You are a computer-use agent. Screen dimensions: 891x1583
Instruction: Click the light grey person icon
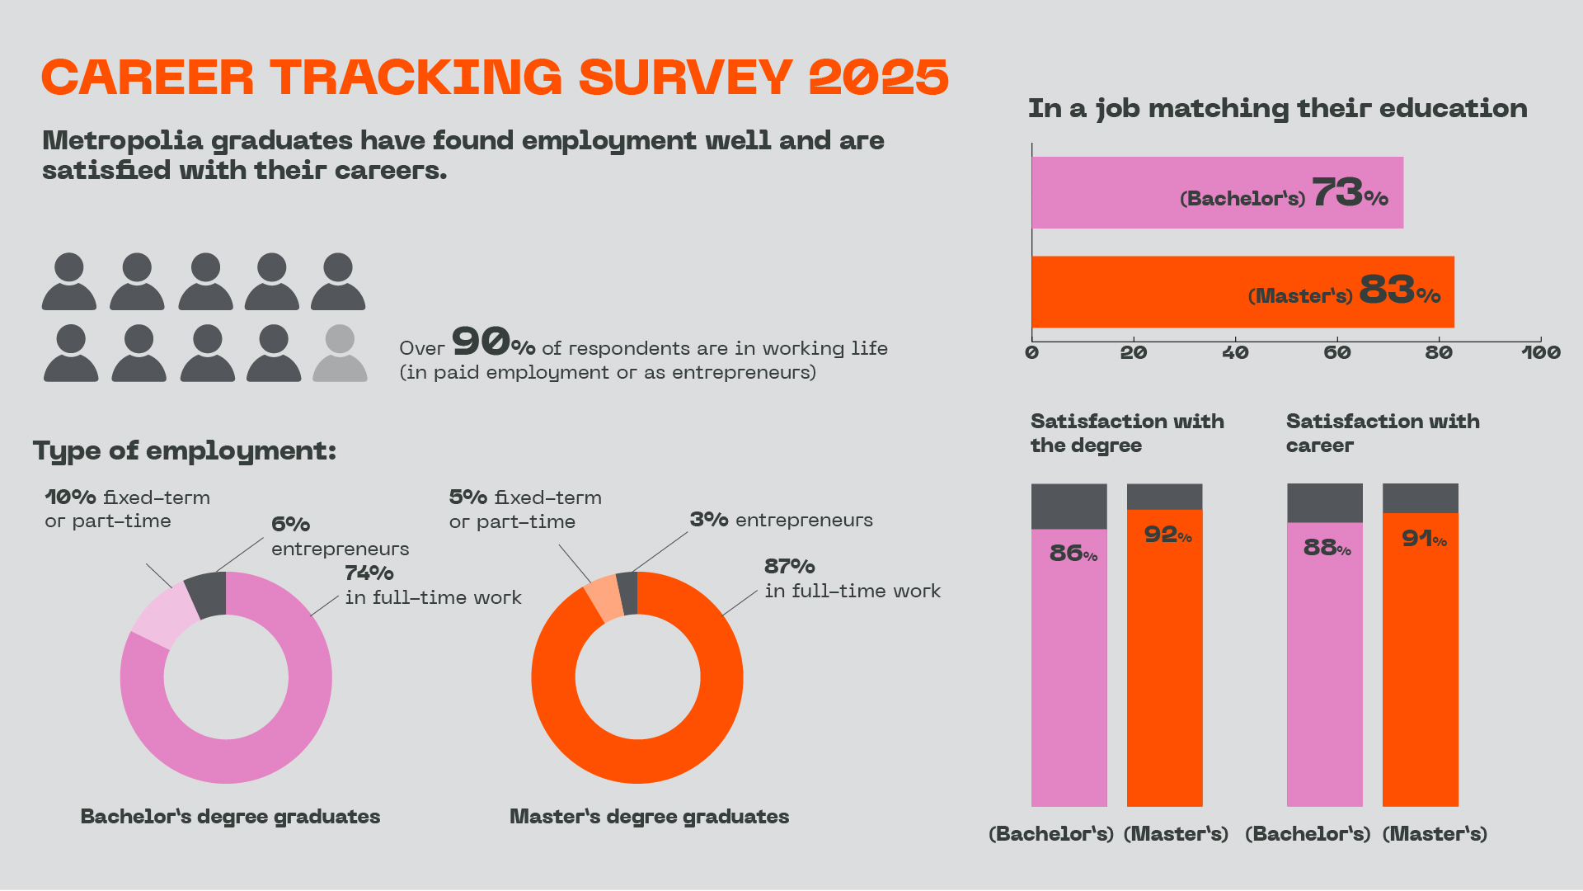[x=340, y=353]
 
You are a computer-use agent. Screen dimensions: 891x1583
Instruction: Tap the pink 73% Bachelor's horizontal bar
[x=1154, y=192]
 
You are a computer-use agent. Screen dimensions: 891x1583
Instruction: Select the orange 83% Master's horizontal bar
[x=1154, y=291]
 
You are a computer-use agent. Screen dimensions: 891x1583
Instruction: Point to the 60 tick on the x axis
[x=1336, y=352]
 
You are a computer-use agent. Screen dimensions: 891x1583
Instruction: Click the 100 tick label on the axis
[x=1540, y=353]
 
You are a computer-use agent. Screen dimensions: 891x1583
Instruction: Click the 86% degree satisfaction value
[x=1073, y=553]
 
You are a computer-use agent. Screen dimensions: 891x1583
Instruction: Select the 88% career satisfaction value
[x=1327, y=548]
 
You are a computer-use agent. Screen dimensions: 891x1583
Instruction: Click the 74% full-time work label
[x=369, y=573]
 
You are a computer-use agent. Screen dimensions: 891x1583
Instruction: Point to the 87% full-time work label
[x=789, y=567]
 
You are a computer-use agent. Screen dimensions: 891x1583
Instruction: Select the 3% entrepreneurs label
[x=780, y=520]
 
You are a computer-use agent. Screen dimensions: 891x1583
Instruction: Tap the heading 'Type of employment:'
[x=185, y=450]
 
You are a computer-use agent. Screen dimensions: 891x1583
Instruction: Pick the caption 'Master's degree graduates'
[x=649, y=817]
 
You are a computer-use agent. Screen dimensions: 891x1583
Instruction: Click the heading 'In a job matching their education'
[x=1277, y=109]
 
